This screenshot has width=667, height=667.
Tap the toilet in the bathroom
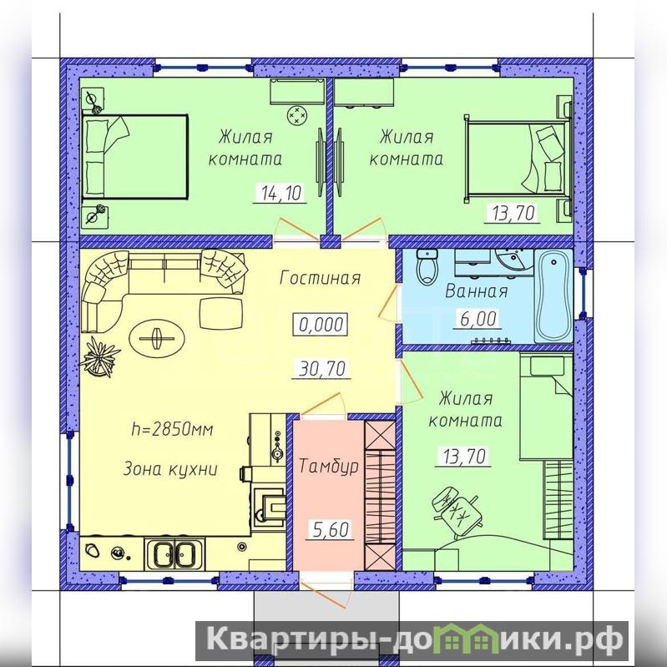[427, 267]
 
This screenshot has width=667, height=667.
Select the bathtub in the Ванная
[553, 296]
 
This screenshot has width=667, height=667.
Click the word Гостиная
[321, 278]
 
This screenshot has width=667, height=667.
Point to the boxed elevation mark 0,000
[321, 325]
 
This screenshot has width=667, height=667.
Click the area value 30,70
[322, 368]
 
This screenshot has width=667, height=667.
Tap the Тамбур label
[328, 466]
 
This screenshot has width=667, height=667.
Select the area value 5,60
[331, 529]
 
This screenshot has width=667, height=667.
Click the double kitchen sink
[174, 553]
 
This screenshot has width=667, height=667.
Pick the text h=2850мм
[172, 430]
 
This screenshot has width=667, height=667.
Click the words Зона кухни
[170, 469]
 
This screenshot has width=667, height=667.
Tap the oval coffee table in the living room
[157, 339]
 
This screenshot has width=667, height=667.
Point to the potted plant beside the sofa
[99, 356]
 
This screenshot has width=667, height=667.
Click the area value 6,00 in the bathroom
[478, 319]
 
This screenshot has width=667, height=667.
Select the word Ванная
[477, 292]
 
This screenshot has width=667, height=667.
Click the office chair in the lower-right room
[457, 509]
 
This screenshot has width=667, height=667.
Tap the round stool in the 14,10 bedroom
[297, 115]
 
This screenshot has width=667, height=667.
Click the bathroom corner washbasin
[514, 260]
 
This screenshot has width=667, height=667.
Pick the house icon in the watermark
[469, 638]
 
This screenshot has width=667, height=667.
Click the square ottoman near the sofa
[221, 313]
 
